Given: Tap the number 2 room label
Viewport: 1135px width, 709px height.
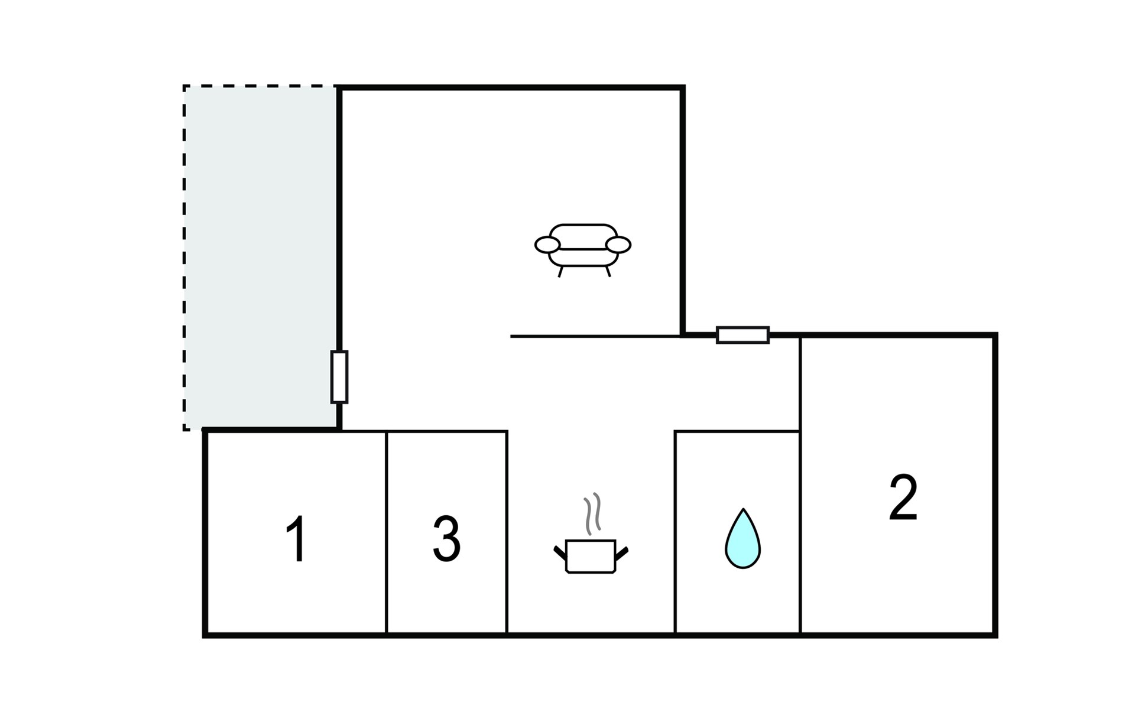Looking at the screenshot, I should click(x=903, y=498).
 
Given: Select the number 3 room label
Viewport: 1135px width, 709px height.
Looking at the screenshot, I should click(x=447, y=539).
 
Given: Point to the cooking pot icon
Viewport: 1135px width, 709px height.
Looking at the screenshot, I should click(x=591, y=556).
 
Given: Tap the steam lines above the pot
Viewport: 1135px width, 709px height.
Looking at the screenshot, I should click(x=592, y=513).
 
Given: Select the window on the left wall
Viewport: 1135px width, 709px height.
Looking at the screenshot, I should click(x=339, y=377).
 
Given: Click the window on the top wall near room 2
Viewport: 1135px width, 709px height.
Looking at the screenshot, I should click(x=742, y=335).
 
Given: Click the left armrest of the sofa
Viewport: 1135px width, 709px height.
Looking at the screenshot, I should click(x=547, y=245).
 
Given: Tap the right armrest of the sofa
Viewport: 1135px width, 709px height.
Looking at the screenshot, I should click(x=618, y=245).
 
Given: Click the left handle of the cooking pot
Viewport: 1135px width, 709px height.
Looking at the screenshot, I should click(x=559, y=553).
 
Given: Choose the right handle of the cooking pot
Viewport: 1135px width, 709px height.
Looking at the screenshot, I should click(x=622, y=553).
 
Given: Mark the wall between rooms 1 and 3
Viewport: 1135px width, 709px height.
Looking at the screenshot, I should click(x=387, y=532).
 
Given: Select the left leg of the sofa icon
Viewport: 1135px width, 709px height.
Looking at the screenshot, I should click(x=560, y=272).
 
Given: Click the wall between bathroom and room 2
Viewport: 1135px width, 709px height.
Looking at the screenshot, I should click(x=800, y=532).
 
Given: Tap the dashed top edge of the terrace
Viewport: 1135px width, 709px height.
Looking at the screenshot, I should click(x=260, y=86).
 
